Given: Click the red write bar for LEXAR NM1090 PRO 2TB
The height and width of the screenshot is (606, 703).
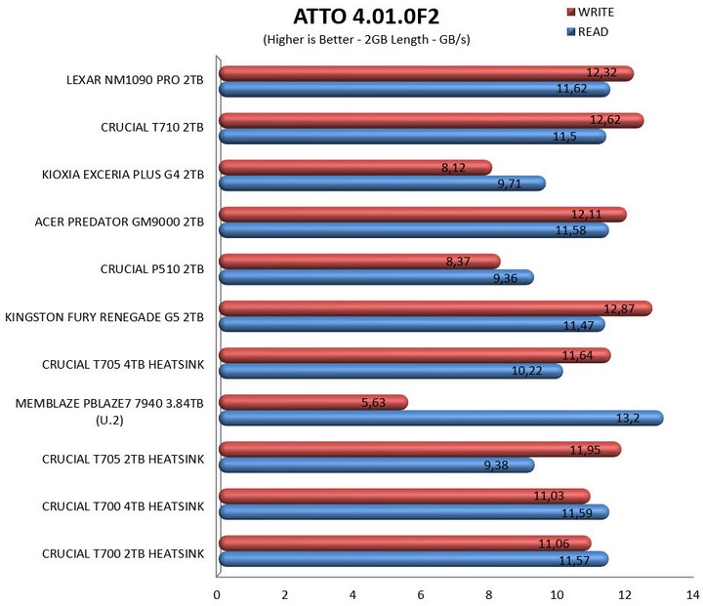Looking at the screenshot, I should pyautogui.click(x=391, y=73).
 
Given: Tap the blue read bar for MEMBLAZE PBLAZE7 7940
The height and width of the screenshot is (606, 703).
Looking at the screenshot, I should pyautogui.click(x=439, y=418).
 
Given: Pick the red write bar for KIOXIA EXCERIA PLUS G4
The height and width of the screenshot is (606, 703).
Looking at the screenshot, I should pyautogui.click(x=332, y=167).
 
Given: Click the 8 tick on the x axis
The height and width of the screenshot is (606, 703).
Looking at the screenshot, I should pyautogui.click(x=489, y=593).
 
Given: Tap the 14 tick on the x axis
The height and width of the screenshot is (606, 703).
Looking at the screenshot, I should pyautogui.click(x=691, y=593).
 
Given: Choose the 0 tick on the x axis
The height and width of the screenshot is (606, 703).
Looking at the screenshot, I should pyautogui.click(x=217, y=593).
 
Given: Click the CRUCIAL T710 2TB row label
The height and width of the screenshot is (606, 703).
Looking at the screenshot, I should pyautogui.click(x=152, y=127).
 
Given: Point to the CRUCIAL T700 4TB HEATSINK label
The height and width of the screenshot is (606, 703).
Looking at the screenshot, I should pyautogui.click(x=123, y=505).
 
